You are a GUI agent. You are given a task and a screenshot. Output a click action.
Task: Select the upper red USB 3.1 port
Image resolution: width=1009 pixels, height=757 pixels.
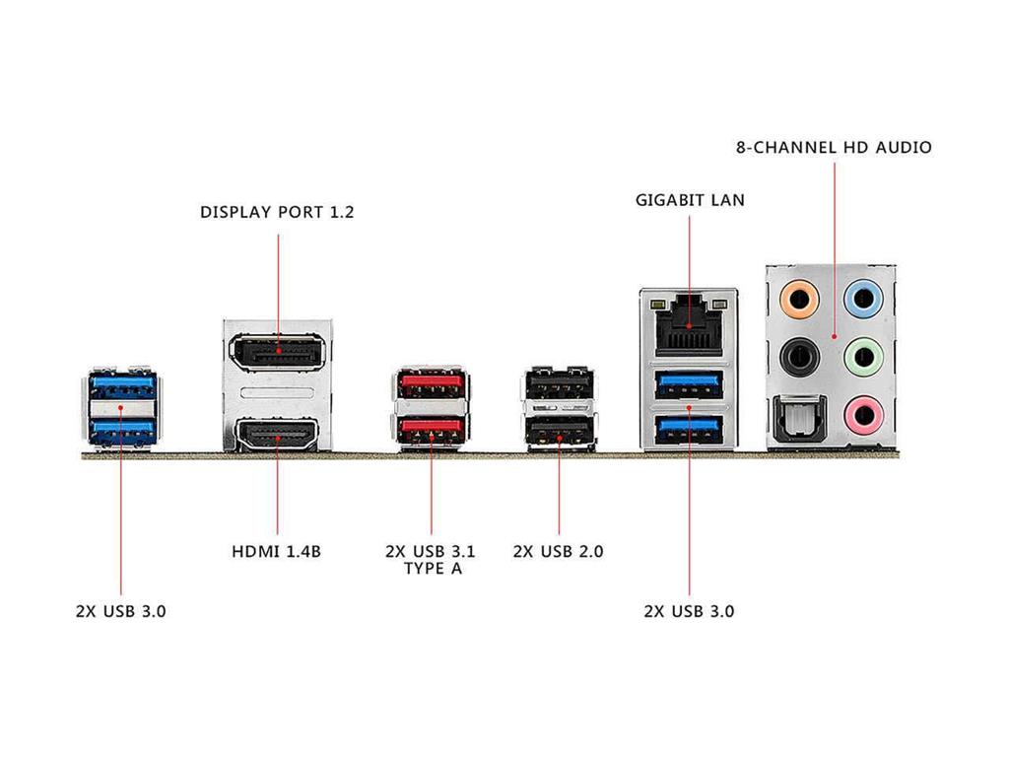tap(431, 382)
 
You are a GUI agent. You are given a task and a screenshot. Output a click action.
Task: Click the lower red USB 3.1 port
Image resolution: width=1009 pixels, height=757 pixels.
tap(431, 429)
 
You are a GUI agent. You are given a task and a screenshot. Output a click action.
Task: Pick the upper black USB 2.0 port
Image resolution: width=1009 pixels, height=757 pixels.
tap(559, 382)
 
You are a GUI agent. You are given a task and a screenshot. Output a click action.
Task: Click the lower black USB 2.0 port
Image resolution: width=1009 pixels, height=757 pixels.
tap(559, 430)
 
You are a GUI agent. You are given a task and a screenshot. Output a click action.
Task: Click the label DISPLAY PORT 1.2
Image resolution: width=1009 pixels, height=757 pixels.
tap(277, 212)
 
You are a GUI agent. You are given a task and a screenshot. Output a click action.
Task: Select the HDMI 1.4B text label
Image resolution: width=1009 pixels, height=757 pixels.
tap(277, 551)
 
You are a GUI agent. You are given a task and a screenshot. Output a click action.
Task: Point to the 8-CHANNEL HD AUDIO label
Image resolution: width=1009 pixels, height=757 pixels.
tap(834, 148)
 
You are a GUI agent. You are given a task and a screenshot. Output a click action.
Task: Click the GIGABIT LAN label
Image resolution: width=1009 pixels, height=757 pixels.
tap(690, 200)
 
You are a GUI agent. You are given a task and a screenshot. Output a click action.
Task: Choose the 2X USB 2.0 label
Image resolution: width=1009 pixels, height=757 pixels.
tap(558, 551)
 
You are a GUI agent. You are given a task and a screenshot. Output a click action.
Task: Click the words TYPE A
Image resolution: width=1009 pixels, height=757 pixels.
tap(431, 569)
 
